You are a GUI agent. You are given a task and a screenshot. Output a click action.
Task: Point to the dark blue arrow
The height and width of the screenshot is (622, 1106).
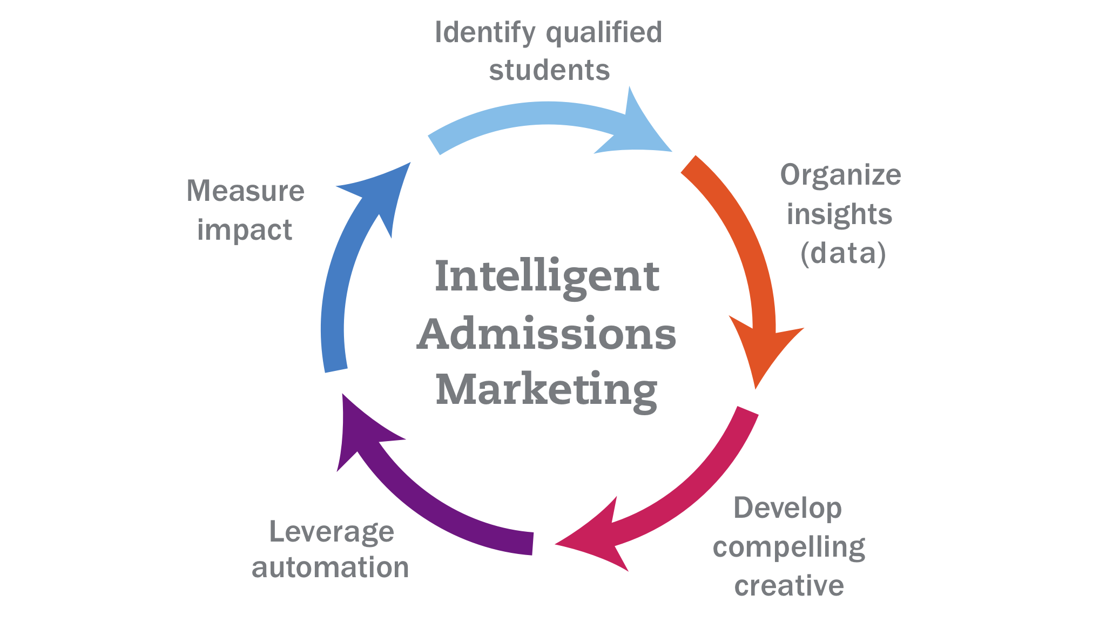coord(340,281)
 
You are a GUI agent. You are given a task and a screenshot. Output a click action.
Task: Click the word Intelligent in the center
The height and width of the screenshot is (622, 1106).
coord(547,276)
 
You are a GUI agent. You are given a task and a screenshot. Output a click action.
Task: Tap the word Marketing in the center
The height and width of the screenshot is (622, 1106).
coord(547,390)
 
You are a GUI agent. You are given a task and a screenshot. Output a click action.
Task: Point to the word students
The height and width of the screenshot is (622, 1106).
coord(549,70)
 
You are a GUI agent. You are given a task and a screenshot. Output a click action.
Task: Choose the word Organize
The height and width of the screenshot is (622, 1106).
coord(841,175)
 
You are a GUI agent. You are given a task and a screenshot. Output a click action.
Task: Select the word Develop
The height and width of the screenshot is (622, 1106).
coord(787,509)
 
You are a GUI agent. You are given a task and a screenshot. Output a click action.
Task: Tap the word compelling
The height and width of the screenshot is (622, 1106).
coord(788,548)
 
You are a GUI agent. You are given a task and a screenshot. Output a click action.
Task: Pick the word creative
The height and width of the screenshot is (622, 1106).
coord(789,586)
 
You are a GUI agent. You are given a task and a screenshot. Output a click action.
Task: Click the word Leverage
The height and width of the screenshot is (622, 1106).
coord(332,532)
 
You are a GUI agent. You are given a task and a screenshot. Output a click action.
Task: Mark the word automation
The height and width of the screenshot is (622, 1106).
coord(331,568)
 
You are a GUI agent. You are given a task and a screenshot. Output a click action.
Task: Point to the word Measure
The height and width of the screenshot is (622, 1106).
coord(246,191)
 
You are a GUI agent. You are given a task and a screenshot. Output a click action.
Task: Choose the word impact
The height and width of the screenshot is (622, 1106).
coord(245,230)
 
